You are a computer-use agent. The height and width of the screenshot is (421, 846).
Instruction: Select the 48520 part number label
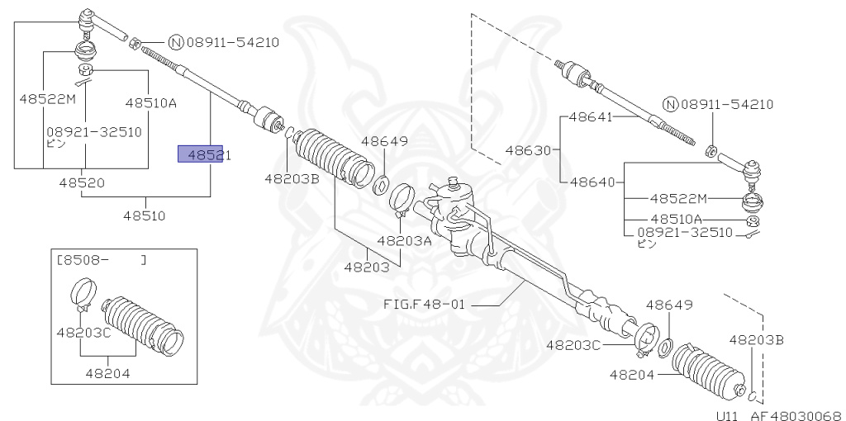click(x=83, y=182)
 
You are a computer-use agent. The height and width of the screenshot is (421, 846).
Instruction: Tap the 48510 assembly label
click(x=145, y=216)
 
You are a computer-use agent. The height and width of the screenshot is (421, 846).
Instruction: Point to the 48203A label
click(x=405, y=241)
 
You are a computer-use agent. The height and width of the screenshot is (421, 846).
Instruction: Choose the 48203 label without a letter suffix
click(x=366, y=267)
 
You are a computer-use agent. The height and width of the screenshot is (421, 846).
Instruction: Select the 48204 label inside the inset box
click(x=107, y=372)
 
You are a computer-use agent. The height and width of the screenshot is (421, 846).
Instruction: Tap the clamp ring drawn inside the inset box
click(x=81, y=295)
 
